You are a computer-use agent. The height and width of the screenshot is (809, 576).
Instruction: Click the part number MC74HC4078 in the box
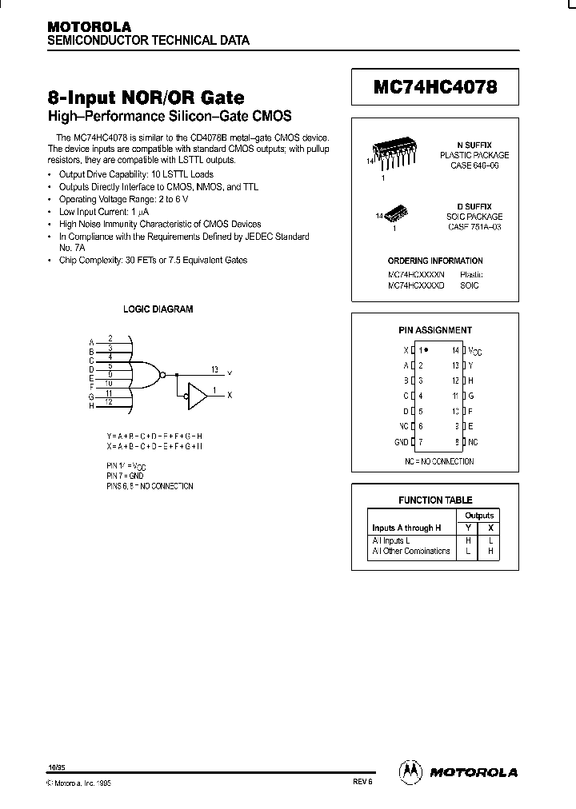(435, 87)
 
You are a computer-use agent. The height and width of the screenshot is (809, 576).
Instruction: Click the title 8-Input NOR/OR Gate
(146, 98)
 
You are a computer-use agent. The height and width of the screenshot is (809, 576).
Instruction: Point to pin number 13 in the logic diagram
(214, 369)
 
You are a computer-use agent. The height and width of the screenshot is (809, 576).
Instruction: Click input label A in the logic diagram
(92, 343)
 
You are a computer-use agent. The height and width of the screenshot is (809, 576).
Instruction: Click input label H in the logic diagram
(92, 406)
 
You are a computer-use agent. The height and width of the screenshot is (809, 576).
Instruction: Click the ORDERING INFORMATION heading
(435, 261)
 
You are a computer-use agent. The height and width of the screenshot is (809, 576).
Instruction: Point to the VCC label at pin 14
(475, 351)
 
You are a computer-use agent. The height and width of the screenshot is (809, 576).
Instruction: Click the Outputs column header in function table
(479, 516)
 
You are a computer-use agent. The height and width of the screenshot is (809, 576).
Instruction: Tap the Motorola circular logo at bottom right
(410, 771)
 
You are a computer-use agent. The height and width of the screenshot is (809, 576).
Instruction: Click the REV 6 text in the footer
(362, 783)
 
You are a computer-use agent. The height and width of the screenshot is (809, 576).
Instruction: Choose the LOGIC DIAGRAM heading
(158, 309)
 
